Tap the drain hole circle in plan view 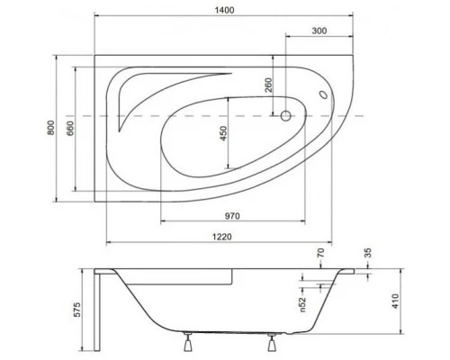285,116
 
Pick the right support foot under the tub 272,343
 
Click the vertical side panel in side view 99,310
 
